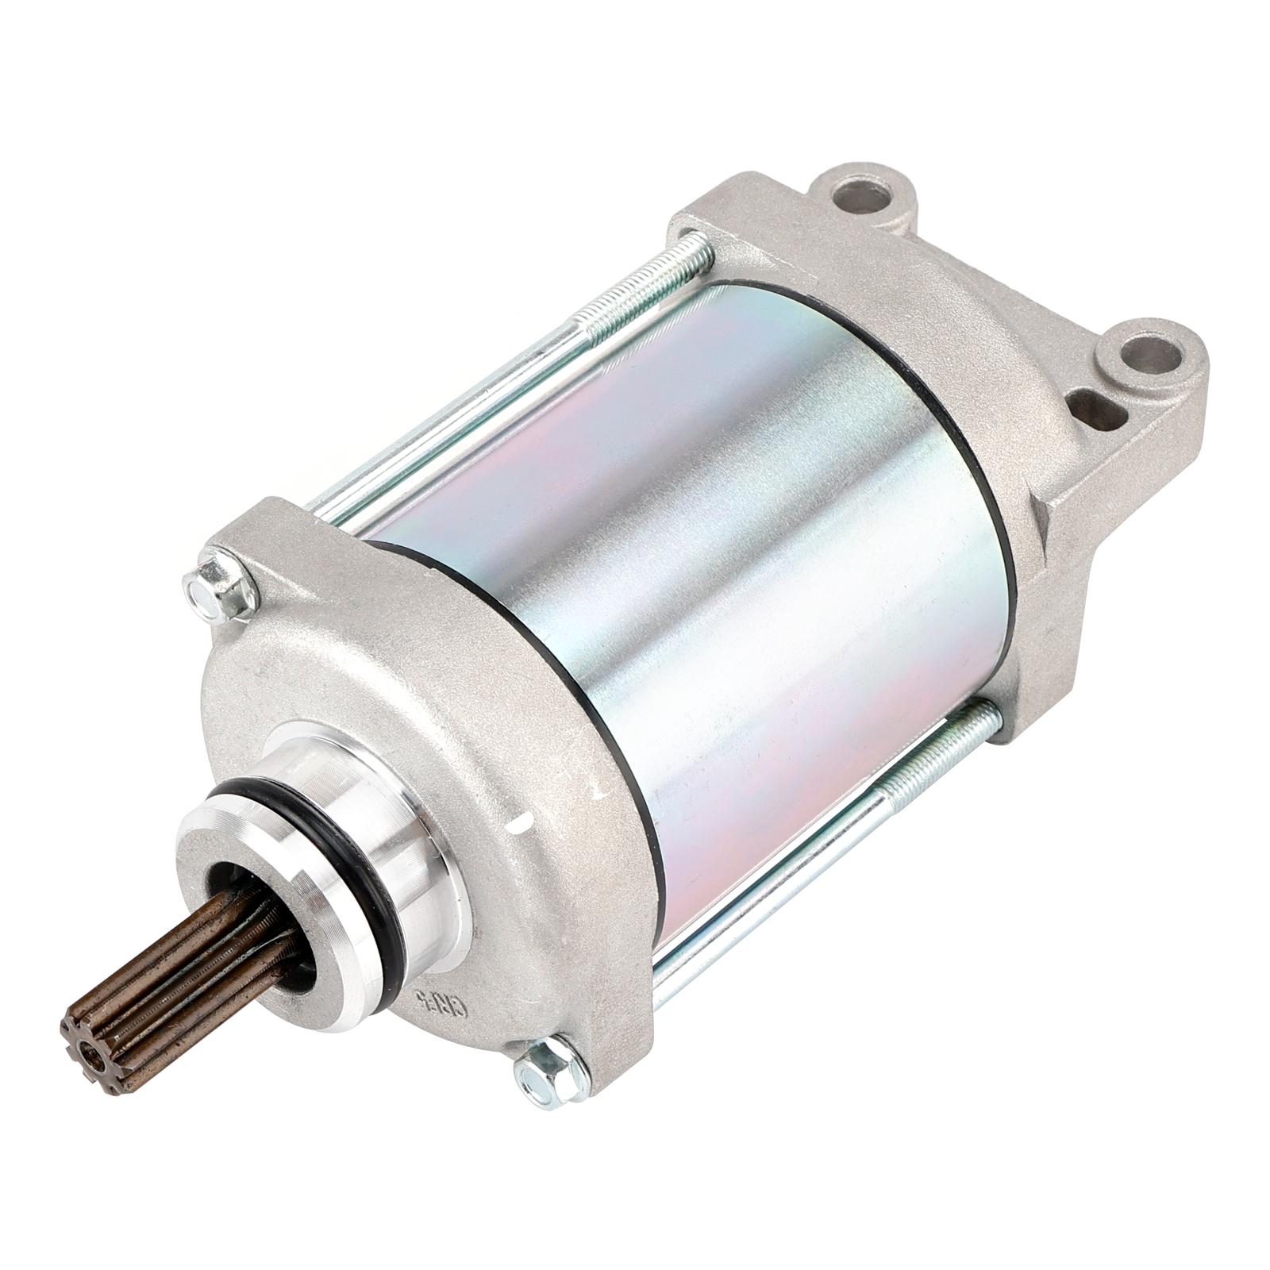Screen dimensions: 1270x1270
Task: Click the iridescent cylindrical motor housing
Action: point(714,556)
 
